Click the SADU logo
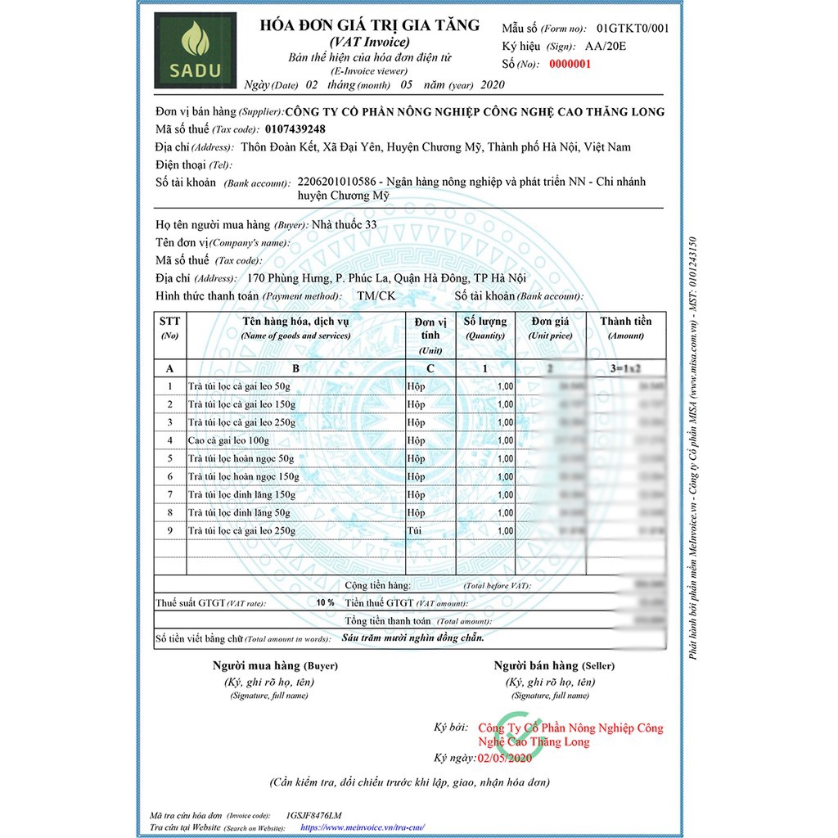click(195, 49)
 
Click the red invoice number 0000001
click(570, 65)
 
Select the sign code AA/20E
click(606, 47)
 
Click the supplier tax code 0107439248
click(295, 129)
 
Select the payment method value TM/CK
click(376, 295)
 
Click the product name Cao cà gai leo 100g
click(228, 440)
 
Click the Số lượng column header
click(485, 322)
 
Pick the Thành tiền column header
click(626, 322)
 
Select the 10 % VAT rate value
click(325, 603)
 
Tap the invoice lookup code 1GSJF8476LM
click(314, 815)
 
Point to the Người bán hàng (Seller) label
click(553, 665)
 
